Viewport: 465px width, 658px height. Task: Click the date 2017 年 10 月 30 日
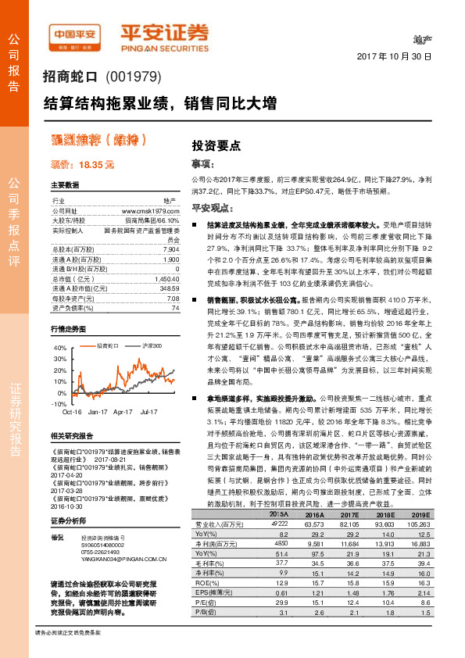[394, 57]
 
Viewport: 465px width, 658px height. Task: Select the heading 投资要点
[216, 145]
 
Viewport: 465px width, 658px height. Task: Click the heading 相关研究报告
[73, 435]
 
